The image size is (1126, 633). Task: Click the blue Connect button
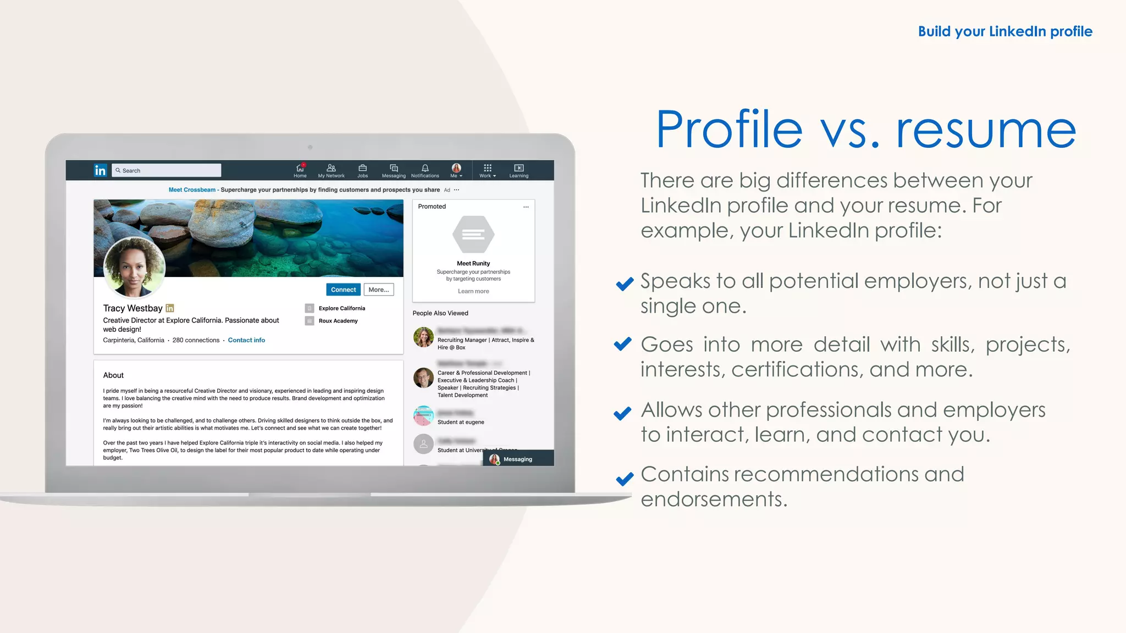[344, 290]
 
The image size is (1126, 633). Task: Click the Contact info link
[246, 340]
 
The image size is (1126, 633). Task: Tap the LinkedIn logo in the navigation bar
[100, 170]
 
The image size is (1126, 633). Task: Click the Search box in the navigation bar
[167, 170]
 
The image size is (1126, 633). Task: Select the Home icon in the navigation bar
[300, 168]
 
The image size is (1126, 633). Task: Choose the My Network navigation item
[331, 170]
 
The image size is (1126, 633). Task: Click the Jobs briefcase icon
[362, 168]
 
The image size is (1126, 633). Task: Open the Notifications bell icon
[425, 168]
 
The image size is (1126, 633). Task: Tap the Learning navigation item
[518, 170]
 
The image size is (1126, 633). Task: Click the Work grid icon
[487, 168]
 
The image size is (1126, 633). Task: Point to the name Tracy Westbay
[133, 308]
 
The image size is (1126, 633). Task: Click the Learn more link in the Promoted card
[473, 291]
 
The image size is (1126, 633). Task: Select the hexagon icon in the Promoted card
[473, 235]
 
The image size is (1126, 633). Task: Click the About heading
[113, 375]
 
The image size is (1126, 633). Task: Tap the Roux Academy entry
[338, 321]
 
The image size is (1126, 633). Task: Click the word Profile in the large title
[729, 130]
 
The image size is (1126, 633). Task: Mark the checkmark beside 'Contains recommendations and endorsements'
[625, 479]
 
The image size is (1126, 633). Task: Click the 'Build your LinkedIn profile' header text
[1005, 31]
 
